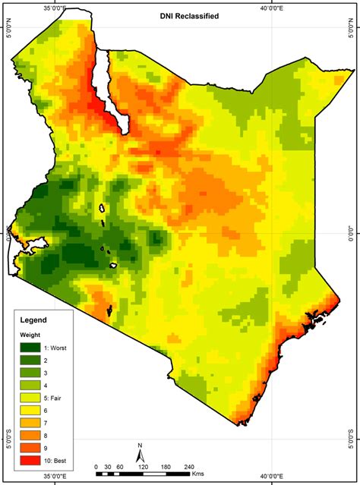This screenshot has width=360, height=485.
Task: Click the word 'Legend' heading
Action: (33, 320)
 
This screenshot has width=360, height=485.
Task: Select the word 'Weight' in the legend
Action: (31, 334)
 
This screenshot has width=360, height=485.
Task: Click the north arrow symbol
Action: (141, 455)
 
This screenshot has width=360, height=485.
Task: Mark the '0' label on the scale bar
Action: (96, 467)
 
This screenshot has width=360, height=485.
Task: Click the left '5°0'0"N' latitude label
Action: (6, 33)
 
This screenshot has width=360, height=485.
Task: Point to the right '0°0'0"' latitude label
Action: (354, 235)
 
